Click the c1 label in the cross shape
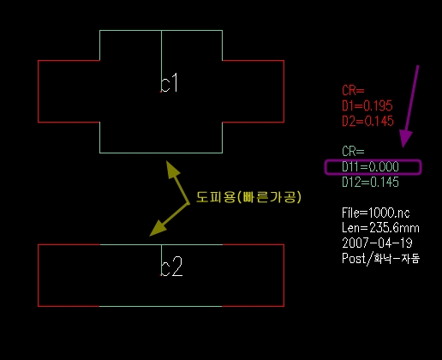point(169,83)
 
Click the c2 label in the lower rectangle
point(171,267)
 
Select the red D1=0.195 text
point(367,105)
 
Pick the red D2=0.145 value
point(367,121)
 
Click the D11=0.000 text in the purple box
point(370,167)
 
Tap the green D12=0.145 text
point(370,183)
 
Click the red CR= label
point(353,91)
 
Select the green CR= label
point(353,152)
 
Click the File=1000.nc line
point(376,213)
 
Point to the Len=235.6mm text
point(380,228)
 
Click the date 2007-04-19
point(377,243)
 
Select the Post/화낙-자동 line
point(381,259)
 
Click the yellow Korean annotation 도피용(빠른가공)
point(248,197)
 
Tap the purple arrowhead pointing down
point(405,139)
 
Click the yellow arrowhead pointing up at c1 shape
point(172,169)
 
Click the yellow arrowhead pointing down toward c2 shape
point(158,229)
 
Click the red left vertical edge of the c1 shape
point(39,92)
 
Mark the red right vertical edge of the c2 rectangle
point(284,275)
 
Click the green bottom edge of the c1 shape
point(161,153)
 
